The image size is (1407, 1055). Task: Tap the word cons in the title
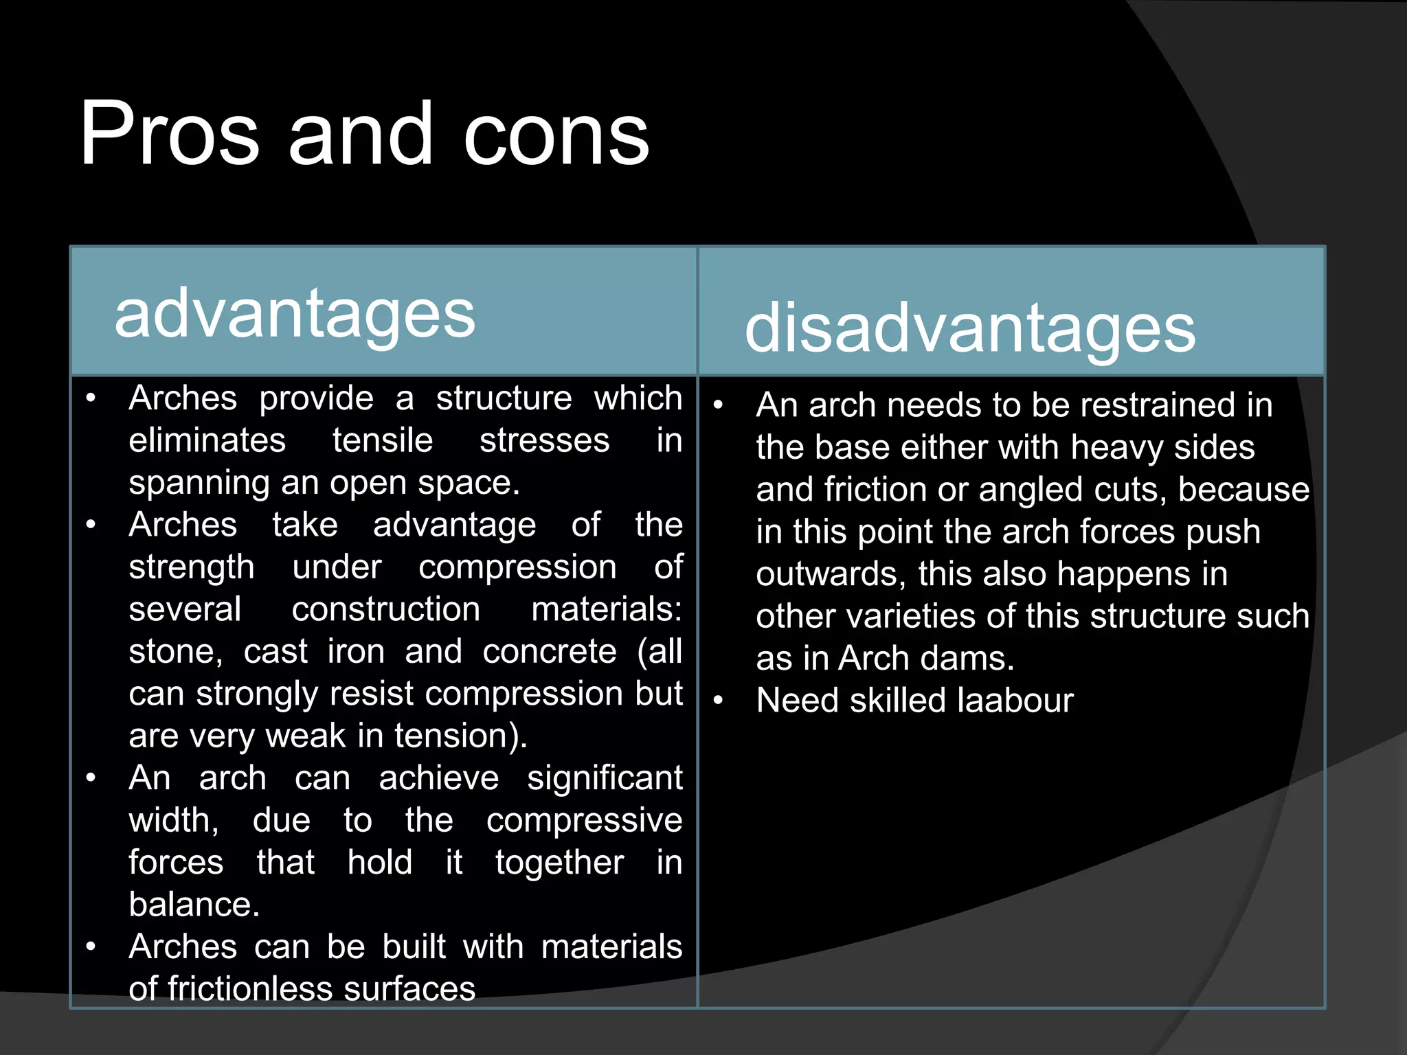pyautogui.click(x=556, y=135)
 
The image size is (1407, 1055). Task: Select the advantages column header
pyautogui.click(x=295, y=314)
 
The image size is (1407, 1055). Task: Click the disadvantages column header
pyautogui.click(x=969, y=329)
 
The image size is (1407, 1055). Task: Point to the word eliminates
pyautogui.click(x=207, y=440)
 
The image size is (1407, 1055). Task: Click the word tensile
pyautogui.click(x=383, y=440)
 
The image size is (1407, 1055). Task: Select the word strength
pyautogui.click(x=192, y=567)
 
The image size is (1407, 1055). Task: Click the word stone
pyautogui.click(x=174, y=652)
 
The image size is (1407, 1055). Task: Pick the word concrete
pyautogui.click(x=549, y=652)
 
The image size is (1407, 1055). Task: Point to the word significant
pyautogui.click(x=605, y=778)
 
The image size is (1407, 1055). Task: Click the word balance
pyautogui.click(x=193, y=905)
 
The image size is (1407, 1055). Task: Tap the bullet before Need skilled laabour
pyautogui.click(x=719, y=701)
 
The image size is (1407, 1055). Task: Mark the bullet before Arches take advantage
pyautogui.click(x=91, y=525)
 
